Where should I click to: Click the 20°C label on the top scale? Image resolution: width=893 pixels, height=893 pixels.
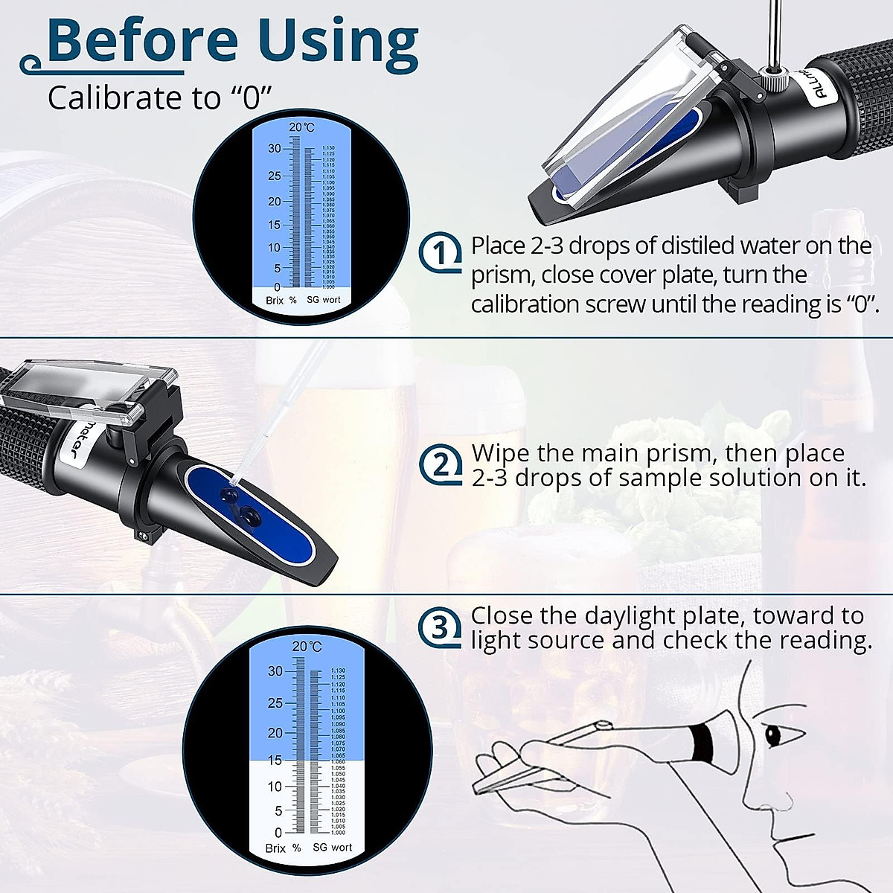click(301, 127)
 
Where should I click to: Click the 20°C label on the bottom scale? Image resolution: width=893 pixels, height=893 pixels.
click(307, 647)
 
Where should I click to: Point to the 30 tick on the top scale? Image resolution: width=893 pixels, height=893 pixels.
click(275, 149)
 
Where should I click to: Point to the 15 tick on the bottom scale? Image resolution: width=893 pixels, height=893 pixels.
click(275, 760)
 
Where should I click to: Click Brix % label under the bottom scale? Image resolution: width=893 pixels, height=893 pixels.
click(283, 848)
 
